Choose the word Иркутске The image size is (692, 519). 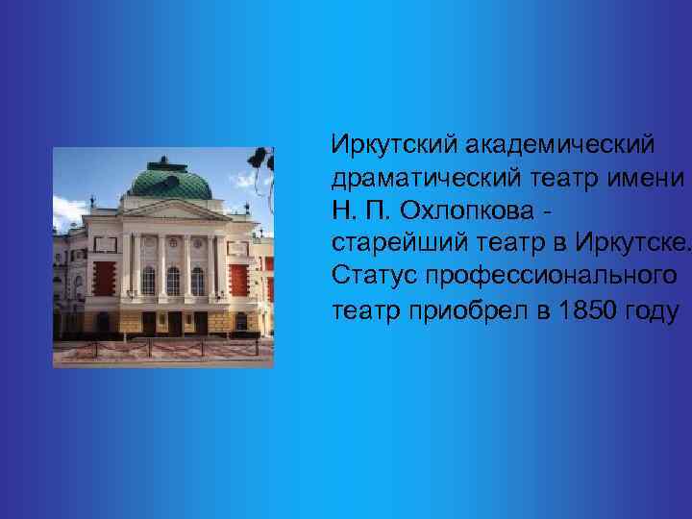[x=635, y=245]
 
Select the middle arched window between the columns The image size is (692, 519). [x=173, y=280]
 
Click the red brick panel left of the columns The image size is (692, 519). [x=104, y=279]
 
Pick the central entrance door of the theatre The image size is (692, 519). [x=173, y=321]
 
